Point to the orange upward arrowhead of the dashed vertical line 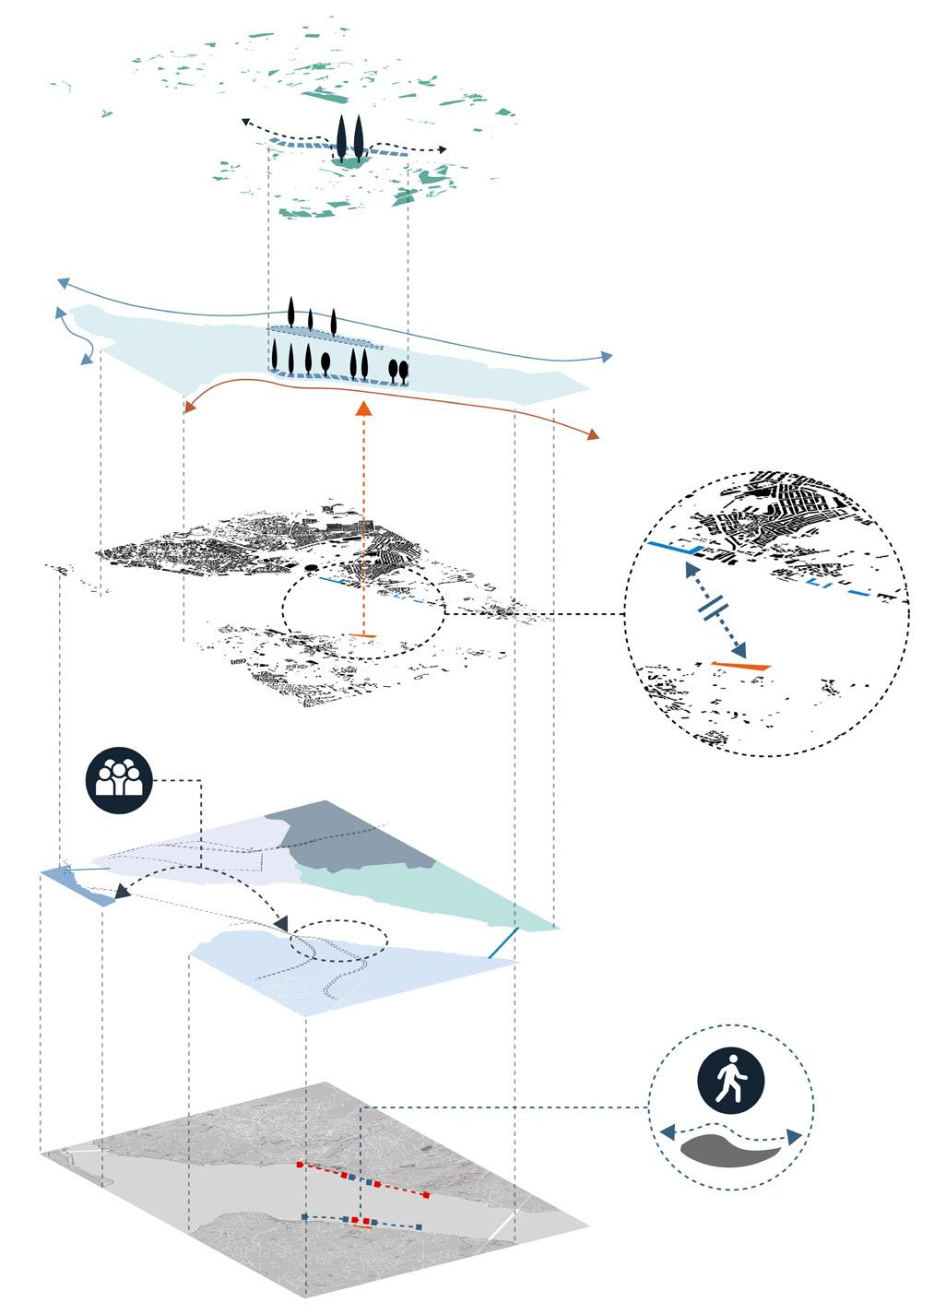coord(364,409)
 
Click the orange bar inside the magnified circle coord(740,664)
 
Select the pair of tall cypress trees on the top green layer coord(350,139)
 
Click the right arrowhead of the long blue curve coord(607,357)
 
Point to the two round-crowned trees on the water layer coord(398,370)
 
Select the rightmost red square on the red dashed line coord(426,1196)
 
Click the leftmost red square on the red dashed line coord(300,1165)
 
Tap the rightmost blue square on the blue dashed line coord(420,1227)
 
